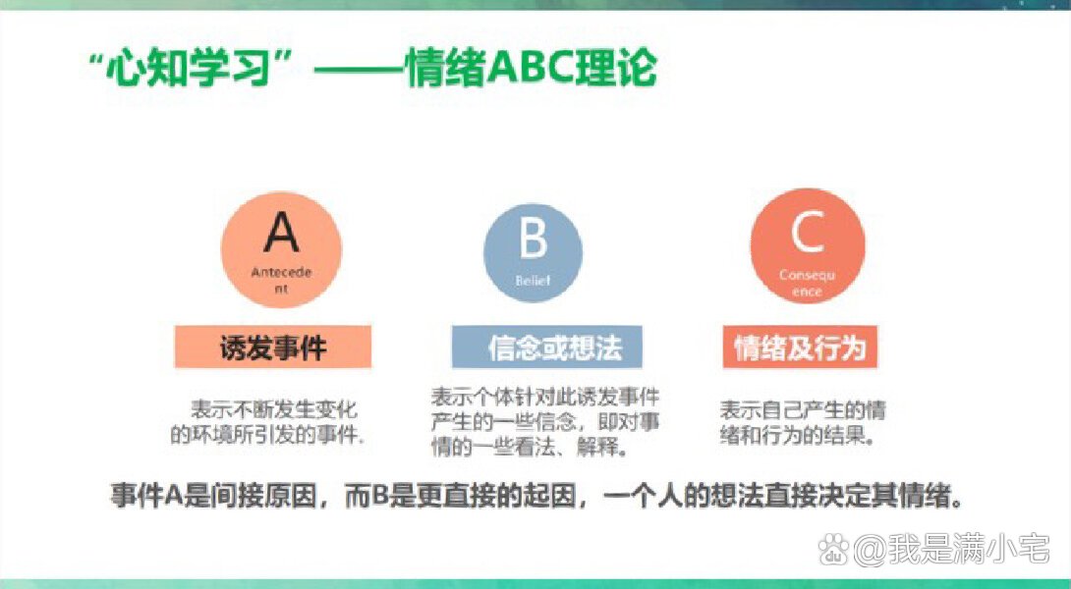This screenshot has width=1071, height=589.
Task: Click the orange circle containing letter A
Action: point(281,248)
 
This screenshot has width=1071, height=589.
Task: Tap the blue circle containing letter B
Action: point(533,252)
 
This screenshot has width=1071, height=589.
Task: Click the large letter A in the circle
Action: point(281,233)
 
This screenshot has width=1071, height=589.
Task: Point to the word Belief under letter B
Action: point(533,281)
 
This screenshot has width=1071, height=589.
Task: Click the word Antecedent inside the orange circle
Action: point(281,279)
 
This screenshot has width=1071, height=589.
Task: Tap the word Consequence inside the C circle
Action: point(807,283)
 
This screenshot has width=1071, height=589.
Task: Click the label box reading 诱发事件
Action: point(273,348)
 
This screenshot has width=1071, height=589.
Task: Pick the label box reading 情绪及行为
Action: point(800,348)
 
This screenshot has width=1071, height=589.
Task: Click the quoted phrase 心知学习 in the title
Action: point(178,69)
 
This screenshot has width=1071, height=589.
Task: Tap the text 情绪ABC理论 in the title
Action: point(531,69)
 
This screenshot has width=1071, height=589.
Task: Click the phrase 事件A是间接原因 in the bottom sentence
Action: point(215,496)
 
